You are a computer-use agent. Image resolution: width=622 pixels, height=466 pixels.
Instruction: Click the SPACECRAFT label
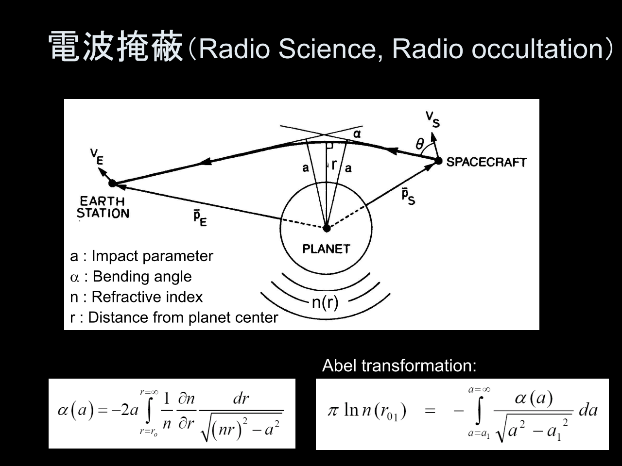pyautogui.click(x=486, y=162)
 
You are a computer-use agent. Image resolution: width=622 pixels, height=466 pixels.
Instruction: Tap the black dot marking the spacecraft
pyautogui.click(x=438, y=161)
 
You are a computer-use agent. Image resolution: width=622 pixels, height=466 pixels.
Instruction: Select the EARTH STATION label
pyautogui.click(x=103, y=207)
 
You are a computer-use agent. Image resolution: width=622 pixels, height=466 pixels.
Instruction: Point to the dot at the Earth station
pyautogui.click(x=113, y=183)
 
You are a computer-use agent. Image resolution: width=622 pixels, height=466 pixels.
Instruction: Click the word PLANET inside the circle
pyautogui.click(x=326, y=249)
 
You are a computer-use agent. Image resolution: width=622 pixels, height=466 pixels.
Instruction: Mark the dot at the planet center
pyautogui.click(x=327, y=228)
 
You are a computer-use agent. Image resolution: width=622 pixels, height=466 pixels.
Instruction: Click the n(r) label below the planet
pyautogui.click(x=325, y=302)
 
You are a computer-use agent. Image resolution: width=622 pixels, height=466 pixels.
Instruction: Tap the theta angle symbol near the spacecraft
pyautogui.click(x=419, y=144)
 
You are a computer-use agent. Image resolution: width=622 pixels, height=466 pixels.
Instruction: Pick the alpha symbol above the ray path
pyautogui.click(x=357, y=134)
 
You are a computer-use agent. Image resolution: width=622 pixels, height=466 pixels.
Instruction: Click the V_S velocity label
pyautogui.click(x=432, y=119)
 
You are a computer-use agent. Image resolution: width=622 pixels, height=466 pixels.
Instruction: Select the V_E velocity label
pyautogui.click(x=97, y=157)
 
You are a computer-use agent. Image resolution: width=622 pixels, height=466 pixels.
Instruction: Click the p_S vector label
pyautogui.click(x=408, y=197)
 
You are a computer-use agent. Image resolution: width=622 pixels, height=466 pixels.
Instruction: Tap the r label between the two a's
pyautogui.click(x=334, y=164)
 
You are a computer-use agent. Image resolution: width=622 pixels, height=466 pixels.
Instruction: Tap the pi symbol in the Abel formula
pyautogui.click(x=334, y=411)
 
